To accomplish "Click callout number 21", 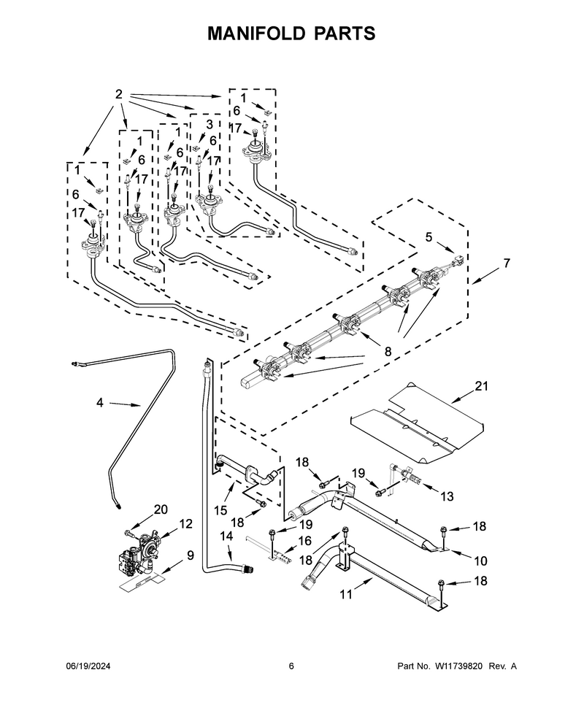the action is coord(482,386).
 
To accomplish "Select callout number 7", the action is coord(507,263).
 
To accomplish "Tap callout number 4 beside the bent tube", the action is coord(100,402).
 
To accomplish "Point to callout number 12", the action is coord(185,524).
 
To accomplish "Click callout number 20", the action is coord(161,509).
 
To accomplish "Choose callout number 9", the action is coord(190,555).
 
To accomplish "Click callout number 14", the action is coord(226,536).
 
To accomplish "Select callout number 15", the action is coord(220,510).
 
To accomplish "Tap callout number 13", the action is coord(447,496).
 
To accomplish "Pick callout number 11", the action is coord(346,594).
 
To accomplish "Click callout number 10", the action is coord(480,561).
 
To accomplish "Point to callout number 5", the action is coord(429,237).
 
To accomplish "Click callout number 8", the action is coord(388,351).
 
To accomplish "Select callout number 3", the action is coord(209,124).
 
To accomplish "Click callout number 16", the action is coord(305,540).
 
